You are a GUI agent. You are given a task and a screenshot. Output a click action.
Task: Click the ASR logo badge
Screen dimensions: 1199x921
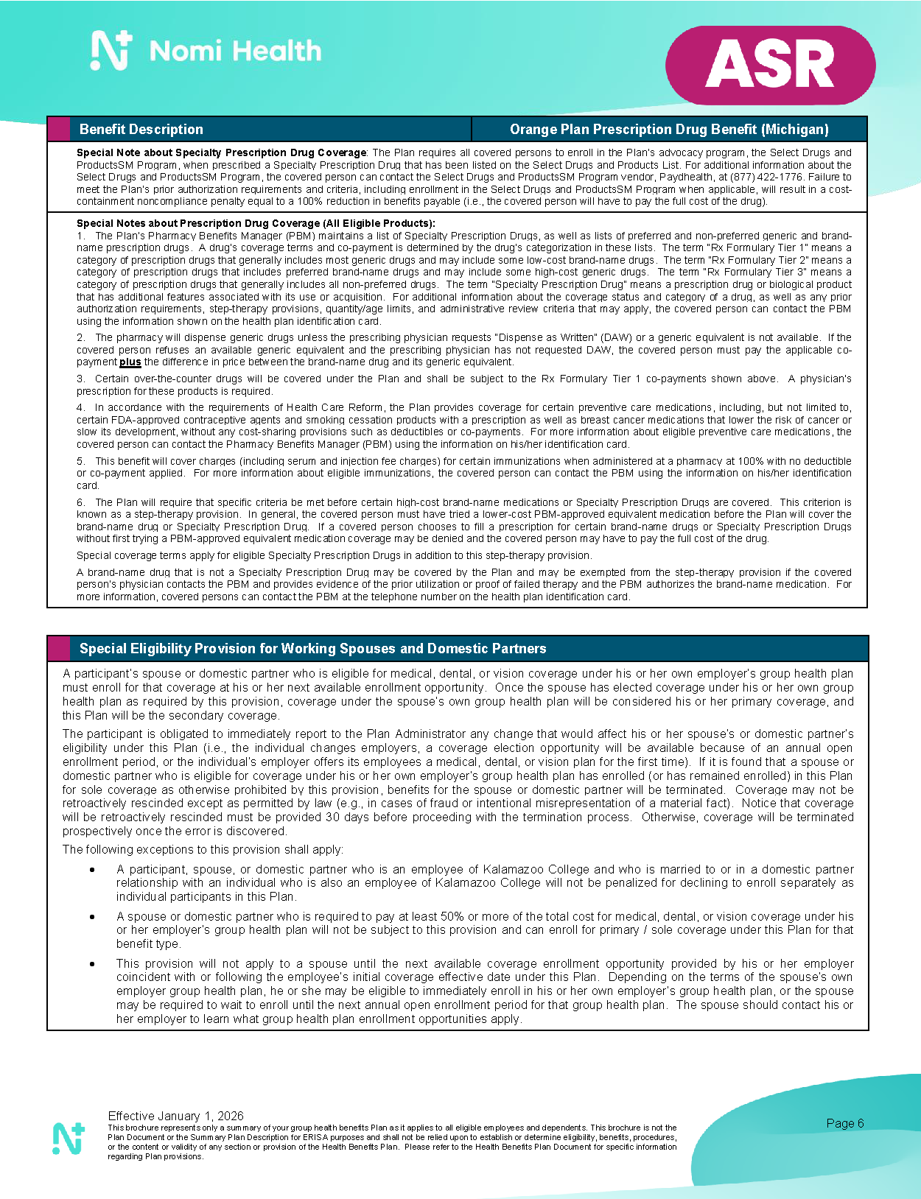pyautogui.click(x=770, y=65)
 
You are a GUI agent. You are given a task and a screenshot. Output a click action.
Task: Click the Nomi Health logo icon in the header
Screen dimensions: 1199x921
pyautogui.click(x=111, y=51)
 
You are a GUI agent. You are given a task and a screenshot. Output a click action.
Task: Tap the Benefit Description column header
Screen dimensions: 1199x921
pyautogui.click(x=141, y=130)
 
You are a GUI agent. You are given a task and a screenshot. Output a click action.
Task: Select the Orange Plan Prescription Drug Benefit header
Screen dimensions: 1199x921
pyautogui.click(x=668, y=130)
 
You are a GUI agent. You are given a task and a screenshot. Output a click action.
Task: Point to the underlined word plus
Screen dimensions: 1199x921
pyautogui.click(x=130, y=362)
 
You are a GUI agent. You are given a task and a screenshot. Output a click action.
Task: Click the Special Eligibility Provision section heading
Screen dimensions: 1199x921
pyautogui.click(x=312, y=649)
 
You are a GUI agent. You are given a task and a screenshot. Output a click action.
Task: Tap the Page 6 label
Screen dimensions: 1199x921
pyautogui.click(x=844, y=1123)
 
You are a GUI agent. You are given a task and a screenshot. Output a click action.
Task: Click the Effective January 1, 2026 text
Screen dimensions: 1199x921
pyautogui.click(x=175, y=1116)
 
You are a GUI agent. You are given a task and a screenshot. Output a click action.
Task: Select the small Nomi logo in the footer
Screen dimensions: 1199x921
pyautogui.click(x=69, y=1139)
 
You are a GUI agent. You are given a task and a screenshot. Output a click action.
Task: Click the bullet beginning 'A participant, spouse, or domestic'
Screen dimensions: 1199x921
pyautogui.click(x=92, y=870)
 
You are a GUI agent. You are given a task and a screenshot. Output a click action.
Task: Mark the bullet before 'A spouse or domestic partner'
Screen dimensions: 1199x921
pyautogui.click(x=92, y=917)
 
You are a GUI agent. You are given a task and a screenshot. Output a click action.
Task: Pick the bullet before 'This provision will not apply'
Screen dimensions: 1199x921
pyautogui.click(x=92, y=964)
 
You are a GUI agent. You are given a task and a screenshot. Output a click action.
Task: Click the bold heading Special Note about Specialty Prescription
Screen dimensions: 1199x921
pyautogui.click(x=221, y=152)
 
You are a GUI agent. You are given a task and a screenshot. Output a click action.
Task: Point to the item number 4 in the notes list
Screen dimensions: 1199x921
pyautogui.click(x=80, y=407)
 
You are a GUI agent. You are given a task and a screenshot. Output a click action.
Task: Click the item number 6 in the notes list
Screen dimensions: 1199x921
pyautogui.click(x=80, y=502)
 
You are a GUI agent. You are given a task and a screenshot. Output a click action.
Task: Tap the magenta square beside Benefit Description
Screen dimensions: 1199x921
pyautogui.click(x=59, y=130)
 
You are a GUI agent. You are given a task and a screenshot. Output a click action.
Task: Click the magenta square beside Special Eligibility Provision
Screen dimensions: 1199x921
pyautogui.click(x=59, y=649)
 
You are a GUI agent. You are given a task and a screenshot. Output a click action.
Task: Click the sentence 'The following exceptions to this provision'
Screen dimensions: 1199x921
pyautogui.click(x=203, y=849)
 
